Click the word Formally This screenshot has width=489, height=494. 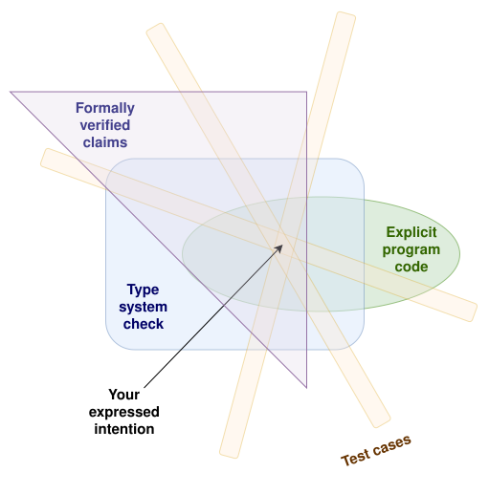tap(105, 109)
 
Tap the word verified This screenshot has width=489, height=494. tap(105, 125)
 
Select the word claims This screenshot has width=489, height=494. tap(105, 142)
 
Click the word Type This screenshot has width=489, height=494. tap(143, 290)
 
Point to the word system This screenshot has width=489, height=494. tap(143, 308)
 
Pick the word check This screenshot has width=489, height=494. tap(144, 324)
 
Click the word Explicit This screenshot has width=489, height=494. tap(411, 233)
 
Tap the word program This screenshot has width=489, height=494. tap(411, 250)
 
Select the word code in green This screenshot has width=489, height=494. tap(411, 267)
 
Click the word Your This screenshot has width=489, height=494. tap(123, 395)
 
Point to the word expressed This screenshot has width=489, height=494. tap(123, 412)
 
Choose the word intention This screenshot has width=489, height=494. tap(124, 429)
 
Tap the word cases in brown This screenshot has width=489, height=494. tap(392, 444)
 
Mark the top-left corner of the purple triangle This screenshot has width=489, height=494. tap(11, 92)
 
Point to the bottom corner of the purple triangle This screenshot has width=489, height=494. tap(306, 387)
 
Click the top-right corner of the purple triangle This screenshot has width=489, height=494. tap(306, 92)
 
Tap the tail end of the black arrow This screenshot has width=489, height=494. tap(144, 387)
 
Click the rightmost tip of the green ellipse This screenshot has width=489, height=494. tap(459, 254)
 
